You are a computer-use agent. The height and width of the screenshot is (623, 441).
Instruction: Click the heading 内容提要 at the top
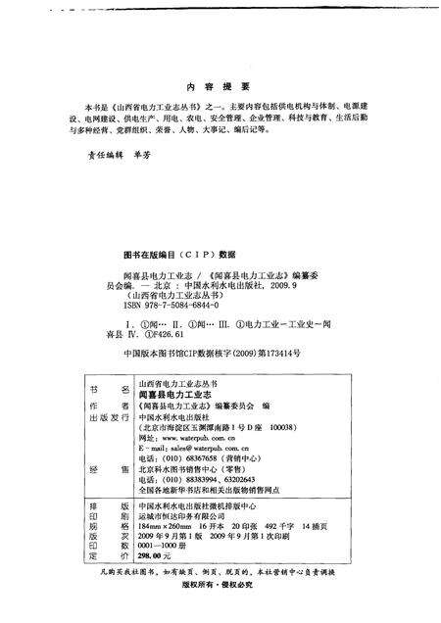click(x=220, y=85)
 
